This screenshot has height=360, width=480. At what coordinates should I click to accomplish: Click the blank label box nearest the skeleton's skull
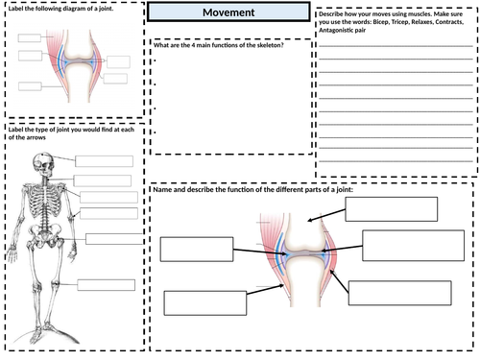(x=103, y=160)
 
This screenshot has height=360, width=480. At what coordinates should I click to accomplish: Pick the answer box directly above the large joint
(x=396, y=208)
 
